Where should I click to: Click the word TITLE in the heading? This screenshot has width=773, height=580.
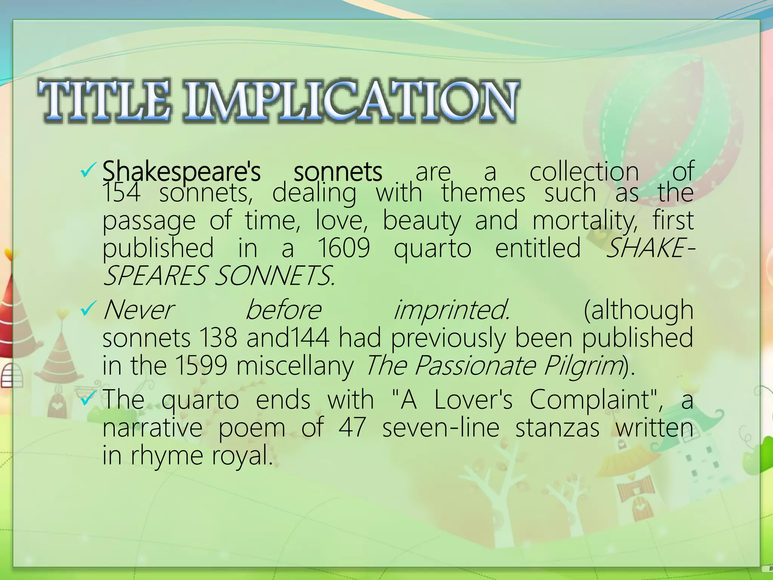pos(104,101)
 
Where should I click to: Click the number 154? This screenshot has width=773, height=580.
pos(121,193)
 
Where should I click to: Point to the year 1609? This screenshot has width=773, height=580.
pos(343,248)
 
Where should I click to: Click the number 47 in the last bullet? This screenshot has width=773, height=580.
pos(352,428)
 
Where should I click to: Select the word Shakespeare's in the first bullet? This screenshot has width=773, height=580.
pos(181,171)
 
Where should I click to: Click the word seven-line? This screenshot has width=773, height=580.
pos(440,428)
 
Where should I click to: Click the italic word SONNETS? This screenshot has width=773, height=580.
pos(274,276)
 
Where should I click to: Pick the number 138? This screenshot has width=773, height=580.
pos(218,338)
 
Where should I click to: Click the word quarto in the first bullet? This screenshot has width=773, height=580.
pos(433,248)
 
